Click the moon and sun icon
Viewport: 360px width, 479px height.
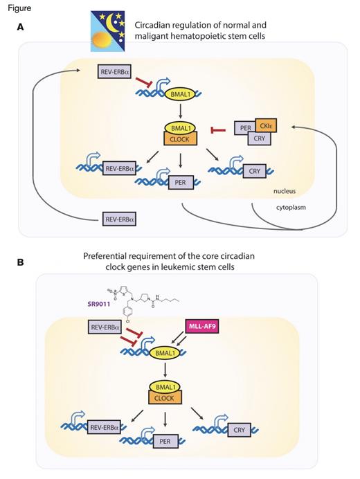pos(111,31)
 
